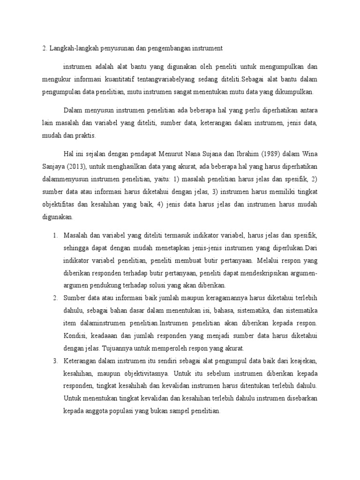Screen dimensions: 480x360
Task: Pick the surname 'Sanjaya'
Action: click(52, 166)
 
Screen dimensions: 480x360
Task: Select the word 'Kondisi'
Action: click(75, 336)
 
